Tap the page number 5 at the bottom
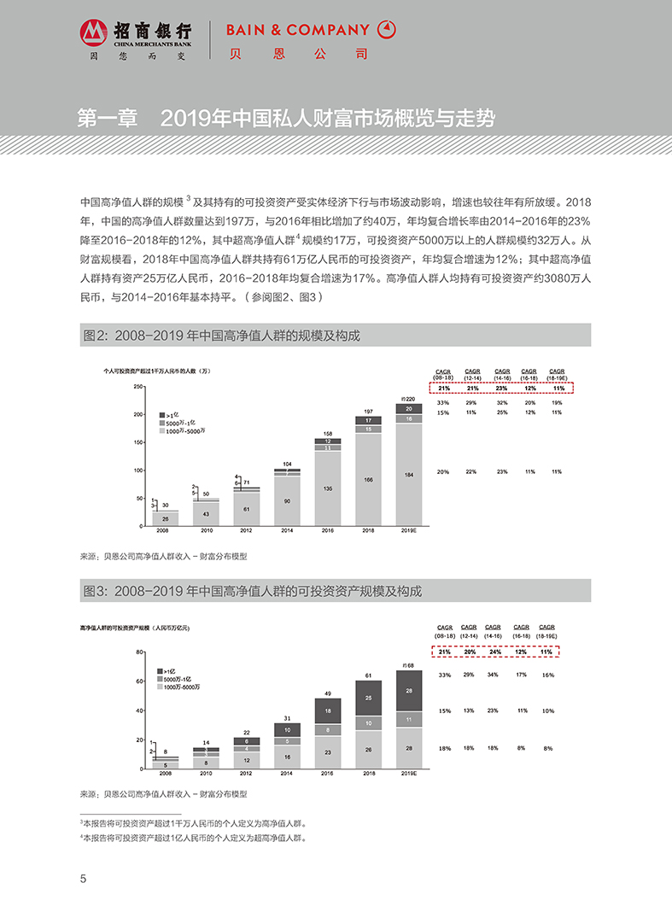tap(83, 880)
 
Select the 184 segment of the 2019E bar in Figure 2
tap(409, 474)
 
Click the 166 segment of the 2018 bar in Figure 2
tap(368, 480)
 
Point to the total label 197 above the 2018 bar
tap(368, 411)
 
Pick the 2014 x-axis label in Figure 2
tap(287, 531)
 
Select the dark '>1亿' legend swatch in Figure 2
tap(162, 414)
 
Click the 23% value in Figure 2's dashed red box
tap(502, 388)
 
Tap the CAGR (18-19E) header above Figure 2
tap(556, 374)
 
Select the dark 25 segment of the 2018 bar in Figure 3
tap(368, 698)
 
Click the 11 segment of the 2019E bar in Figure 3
tap(409, 719)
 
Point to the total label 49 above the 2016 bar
tap(327, 693)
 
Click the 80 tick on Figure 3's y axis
tap(139, 652)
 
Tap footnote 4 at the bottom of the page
tap(192, 839)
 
